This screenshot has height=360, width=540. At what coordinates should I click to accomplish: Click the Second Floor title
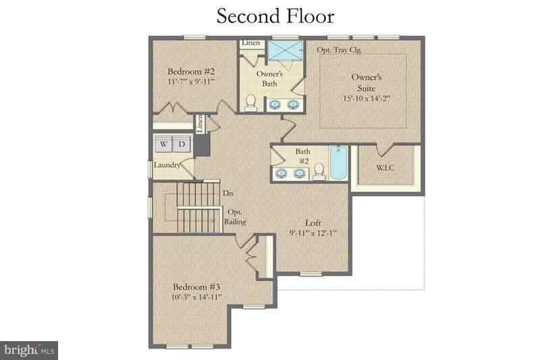(x=275, y=16)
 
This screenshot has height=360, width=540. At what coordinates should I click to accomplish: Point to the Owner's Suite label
(x=367, y=82)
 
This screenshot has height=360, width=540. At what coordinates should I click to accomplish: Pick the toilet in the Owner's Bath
(x=250, y=101)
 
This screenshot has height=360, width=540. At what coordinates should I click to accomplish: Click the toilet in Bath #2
(x=319, y=172)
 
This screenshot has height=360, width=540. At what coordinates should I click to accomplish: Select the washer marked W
(x=163, y=144)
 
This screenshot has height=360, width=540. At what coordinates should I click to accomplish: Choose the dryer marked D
(x=182, y=144)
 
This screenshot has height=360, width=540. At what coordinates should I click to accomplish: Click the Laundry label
(x=165, y=165)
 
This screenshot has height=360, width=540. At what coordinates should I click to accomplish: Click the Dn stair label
(x=227, y=193)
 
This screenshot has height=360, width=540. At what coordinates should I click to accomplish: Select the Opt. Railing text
(x=236, y=217)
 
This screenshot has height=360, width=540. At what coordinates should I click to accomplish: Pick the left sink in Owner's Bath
(x=276, y=105)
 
